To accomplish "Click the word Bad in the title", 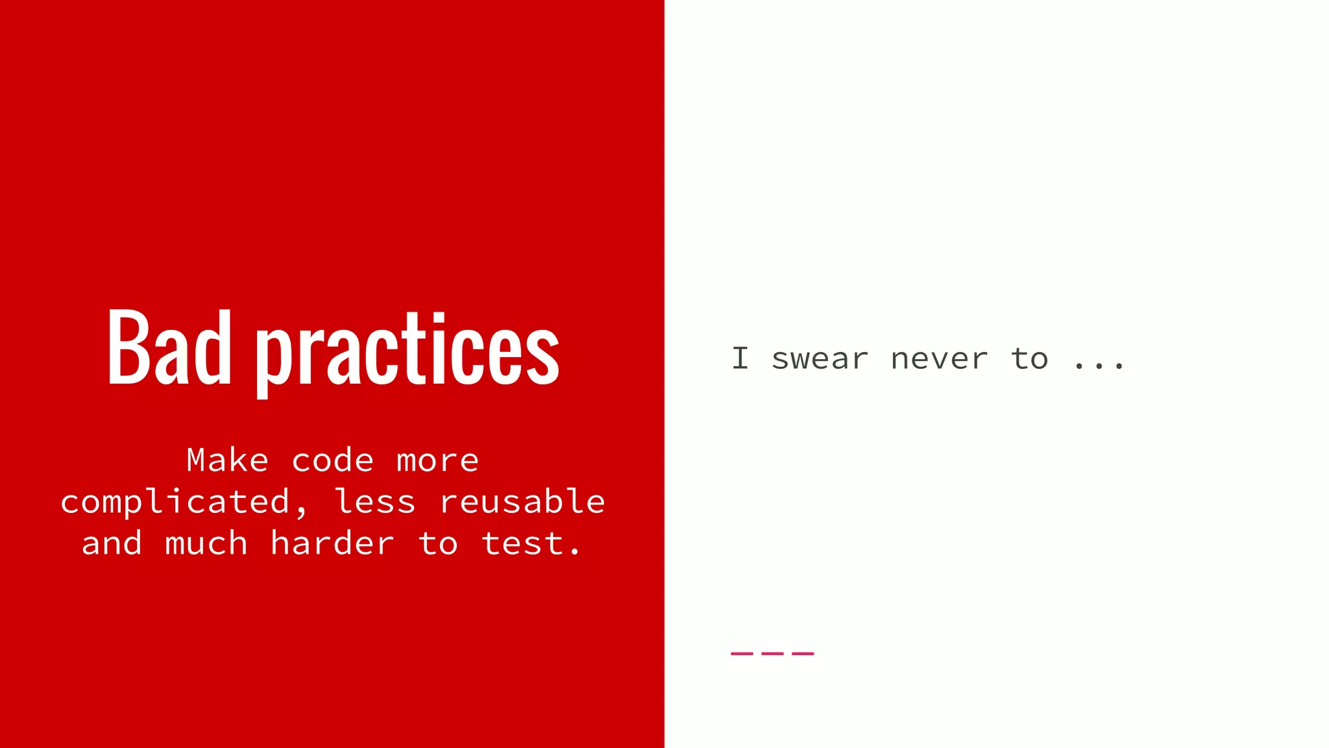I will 169,347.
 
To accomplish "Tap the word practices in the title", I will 408,351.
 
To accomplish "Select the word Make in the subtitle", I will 227,460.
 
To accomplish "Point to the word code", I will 332,460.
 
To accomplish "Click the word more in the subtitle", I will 437,461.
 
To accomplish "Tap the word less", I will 374,502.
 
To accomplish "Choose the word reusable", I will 522,502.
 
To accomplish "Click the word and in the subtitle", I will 112,543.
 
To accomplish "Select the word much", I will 206,543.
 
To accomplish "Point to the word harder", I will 332,543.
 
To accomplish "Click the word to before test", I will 438,543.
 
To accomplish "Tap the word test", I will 531,543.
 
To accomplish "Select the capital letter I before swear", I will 740,358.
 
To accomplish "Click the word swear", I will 820,359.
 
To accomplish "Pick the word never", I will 939,359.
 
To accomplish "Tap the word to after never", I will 1029,358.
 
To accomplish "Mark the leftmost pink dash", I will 742,653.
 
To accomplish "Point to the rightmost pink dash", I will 803,653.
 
